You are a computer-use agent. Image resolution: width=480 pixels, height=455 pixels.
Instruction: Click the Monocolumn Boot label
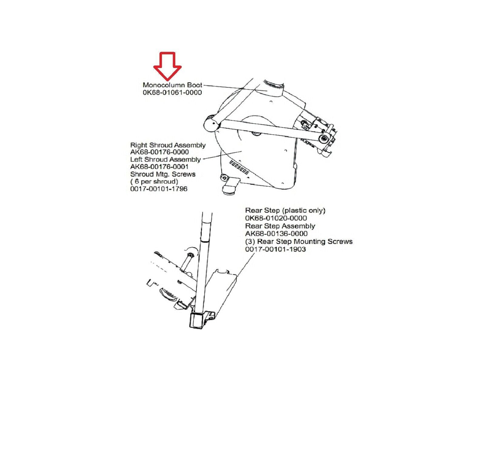coord(172,85)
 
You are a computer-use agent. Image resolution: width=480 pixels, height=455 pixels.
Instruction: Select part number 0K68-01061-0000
coord(172,93)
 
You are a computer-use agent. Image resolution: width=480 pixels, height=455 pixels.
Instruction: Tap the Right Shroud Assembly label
coord(168,145)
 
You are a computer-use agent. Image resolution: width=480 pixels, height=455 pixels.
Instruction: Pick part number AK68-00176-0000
coord(159,152)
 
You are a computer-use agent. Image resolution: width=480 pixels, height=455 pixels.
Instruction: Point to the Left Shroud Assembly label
coord(166,159)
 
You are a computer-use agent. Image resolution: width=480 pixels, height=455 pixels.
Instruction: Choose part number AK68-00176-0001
coord(159,167)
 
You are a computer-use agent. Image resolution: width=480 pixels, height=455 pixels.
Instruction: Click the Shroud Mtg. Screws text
coord(163,174)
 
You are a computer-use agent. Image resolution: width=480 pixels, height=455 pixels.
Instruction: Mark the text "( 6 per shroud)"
coord(154,181)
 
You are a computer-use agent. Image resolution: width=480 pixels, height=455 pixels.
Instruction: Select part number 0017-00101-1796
coord(159,189)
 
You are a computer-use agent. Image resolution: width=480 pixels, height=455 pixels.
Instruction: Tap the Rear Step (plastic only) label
coord(285,210)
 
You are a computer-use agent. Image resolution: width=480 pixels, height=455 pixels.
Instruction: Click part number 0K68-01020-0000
coord(276,218)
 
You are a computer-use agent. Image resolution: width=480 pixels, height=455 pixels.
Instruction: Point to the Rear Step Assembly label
coord(280,226)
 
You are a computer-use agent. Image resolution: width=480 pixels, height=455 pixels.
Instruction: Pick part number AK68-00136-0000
coord(276,234)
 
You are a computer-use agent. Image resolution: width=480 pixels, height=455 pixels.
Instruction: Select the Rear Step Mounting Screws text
coord(299,241)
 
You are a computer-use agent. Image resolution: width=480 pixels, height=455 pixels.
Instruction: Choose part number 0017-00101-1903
coord(275,249)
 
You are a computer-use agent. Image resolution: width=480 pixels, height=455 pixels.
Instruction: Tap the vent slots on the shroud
coord(240,167)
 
